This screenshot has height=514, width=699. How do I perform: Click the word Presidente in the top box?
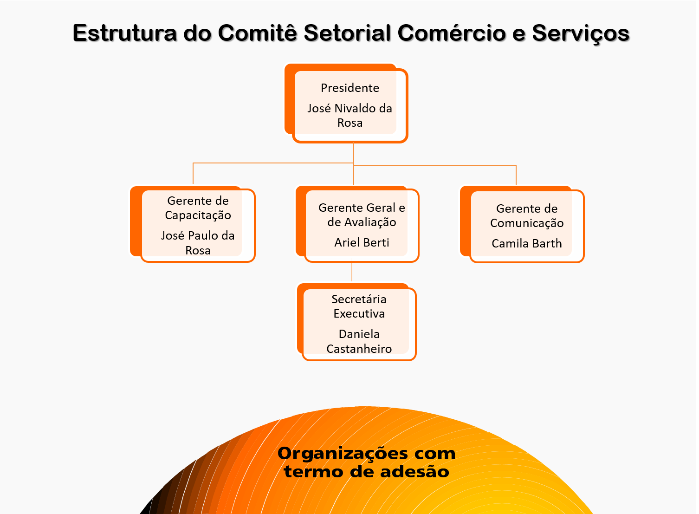[350, 88]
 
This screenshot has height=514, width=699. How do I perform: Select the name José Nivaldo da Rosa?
[350, 116]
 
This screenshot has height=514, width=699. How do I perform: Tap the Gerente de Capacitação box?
[193, 224]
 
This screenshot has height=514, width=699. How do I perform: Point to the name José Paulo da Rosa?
[198, 243]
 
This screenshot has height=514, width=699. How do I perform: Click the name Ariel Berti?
[362, 242]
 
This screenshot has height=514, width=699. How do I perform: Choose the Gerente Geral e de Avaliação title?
[362, 215]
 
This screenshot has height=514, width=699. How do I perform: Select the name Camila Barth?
[527, 243]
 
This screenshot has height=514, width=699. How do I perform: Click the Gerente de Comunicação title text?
[527, 215]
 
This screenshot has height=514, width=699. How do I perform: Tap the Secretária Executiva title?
[359, 306]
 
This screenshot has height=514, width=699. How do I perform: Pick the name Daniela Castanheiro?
[359, 341]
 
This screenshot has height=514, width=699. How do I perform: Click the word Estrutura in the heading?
[125, 33]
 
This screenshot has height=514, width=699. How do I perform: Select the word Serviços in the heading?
[581, 34]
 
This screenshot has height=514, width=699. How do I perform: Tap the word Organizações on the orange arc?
[343, 454]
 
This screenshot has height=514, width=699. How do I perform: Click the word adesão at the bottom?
[415, 471]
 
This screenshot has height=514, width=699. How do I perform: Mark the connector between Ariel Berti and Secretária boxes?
[352, 272]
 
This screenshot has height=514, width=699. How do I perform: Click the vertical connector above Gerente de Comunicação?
[516, 175]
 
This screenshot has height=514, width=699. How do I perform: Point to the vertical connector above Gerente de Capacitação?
[193, 173]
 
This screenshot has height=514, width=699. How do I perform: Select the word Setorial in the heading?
[347, 33]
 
